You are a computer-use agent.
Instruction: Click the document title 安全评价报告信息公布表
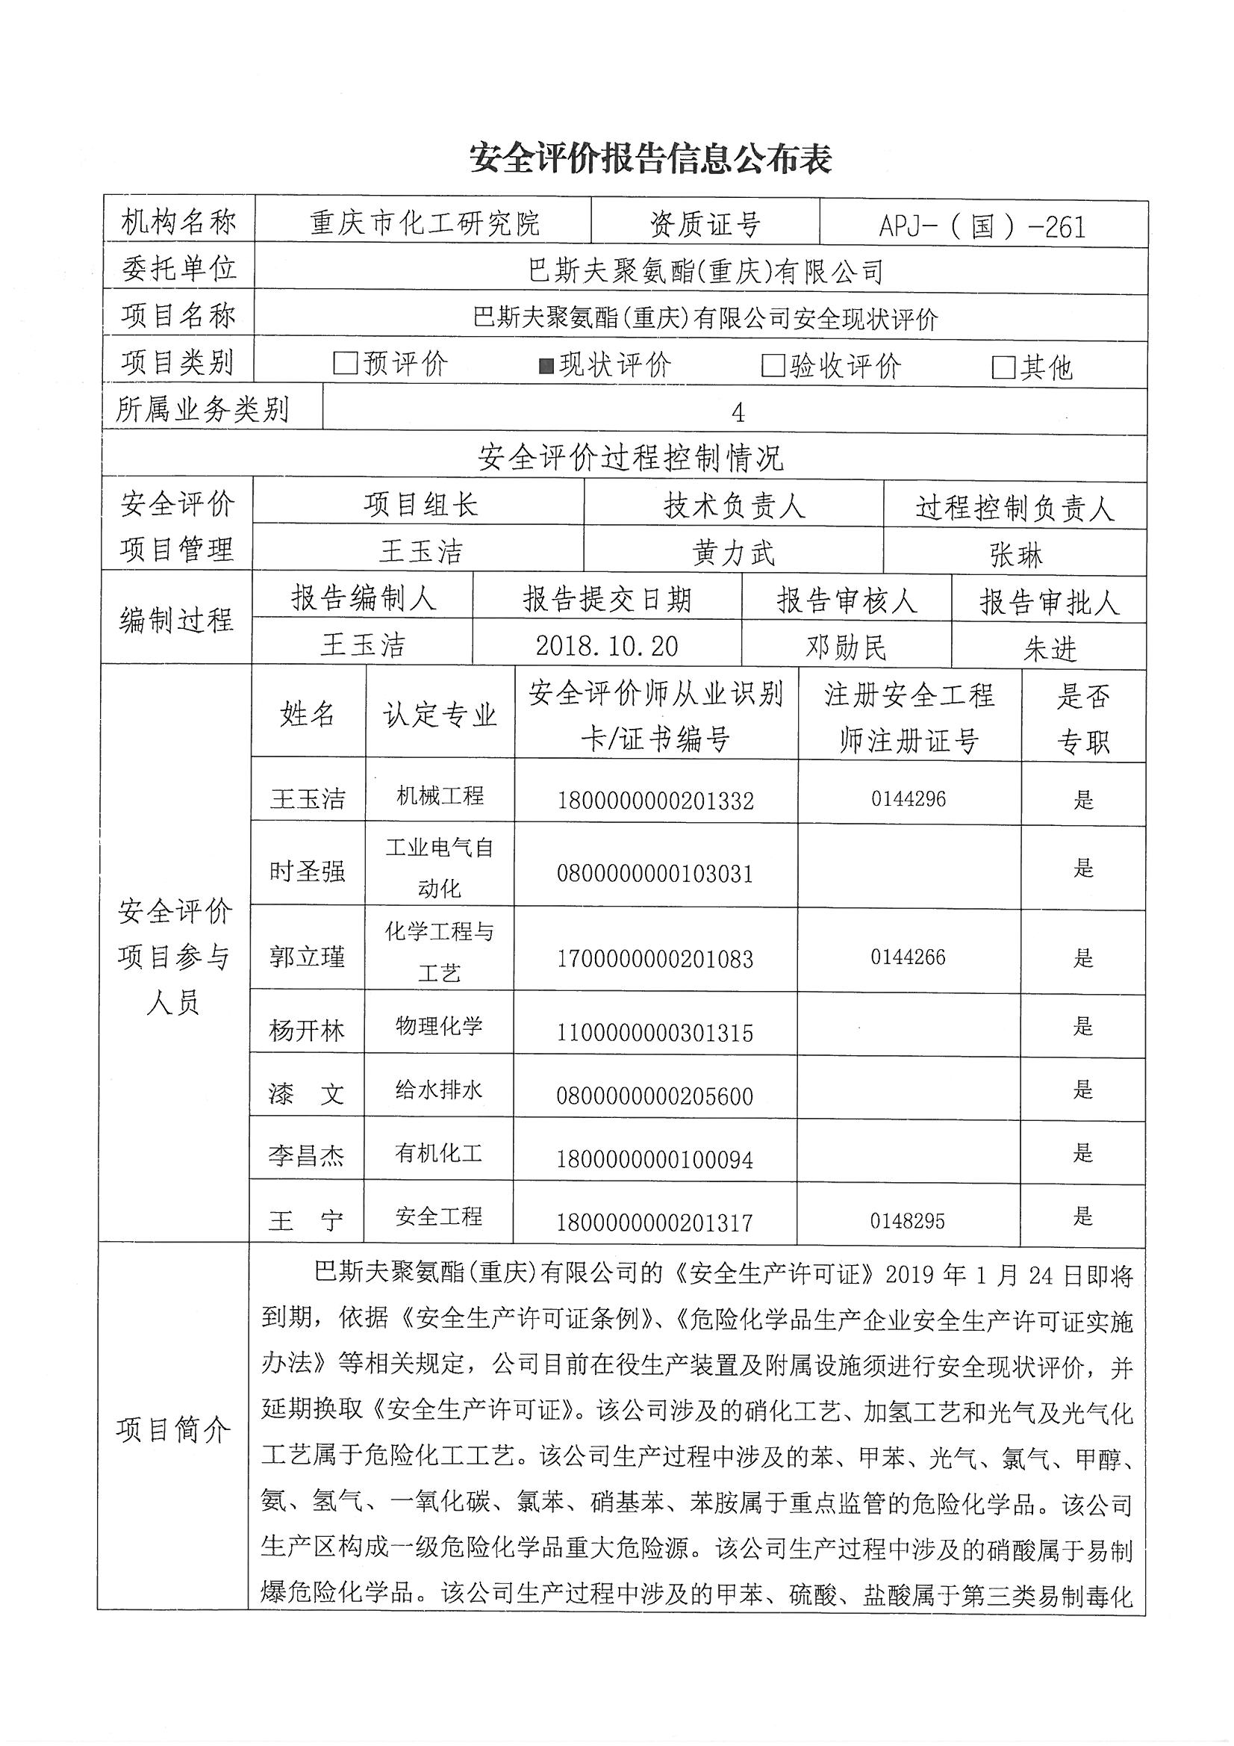[x=650, y=158]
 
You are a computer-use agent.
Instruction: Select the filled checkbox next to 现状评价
[x=546, y=366]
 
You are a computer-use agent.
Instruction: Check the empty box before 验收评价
[x=773, y=366]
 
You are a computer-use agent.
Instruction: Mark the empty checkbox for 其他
[x=1003, y=368]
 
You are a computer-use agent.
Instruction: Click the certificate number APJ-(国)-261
[x=982, y=226]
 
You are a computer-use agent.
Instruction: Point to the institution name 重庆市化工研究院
[x=424, y=223]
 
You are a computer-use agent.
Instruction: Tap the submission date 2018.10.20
[x=606, y=647]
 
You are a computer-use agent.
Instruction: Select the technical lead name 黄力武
[x=734, y=553]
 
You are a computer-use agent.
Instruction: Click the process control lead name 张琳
[x=1016, y=556]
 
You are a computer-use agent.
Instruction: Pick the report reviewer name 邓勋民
[x=846, y=648]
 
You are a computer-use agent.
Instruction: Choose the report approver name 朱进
[x=1050, y=650]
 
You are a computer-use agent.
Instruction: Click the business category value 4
[x=737, y=413]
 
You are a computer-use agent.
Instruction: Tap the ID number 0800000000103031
[x=655, y=874]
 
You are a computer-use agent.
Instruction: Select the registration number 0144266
[x=908, y=957]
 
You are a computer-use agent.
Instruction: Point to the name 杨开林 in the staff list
[x=306, y=1031]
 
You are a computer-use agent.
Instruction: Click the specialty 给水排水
[x=439, y=1090]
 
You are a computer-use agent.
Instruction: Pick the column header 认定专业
[x=440, y=715]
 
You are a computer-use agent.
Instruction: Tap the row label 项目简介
[x=173, y=1430]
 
